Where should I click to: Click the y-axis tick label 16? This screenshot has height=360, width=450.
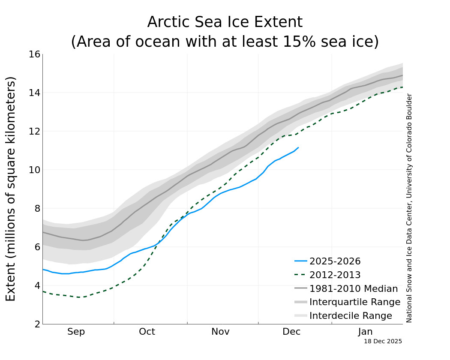pos(34,54)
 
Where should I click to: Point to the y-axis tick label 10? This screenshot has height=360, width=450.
pos(34,170)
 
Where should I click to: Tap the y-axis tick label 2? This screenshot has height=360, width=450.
pos(37,324)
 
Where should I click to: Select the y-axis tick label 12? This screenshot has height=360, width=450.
pos(34,131)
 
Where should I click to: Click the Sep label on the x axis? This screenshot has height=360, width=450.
pos(76,332)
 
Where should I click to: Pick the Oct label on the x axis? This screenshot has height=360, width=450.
pos(147,332)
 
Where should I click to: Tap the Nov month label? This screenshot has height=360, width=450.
pos(220,332)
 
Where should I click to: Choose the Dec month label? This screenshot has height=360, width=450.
pos(291,332)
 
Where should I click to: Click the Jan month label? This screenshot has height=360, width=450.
pos(366,332)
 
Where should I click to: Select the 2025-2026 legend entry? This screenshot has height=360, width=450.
pos(335,261)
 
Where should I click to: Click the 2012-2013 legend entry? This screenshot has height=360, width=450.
pos(335,275)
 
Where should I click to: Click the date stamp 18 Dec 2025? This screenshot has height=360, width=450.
pos(383,342)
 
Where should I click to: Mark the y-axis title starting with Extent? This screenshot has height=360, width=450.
pos(11,189)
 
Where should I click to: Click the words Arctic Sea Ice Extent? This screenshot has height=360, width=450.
pos(225,22)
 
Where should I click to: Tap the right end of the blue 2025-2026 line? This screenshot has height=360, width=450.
pos(298,147)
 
